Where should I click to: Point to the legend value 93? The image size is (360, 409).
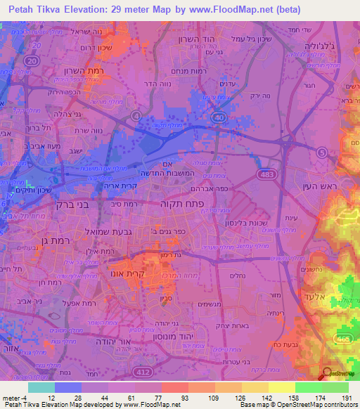(x=184, y=398)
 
